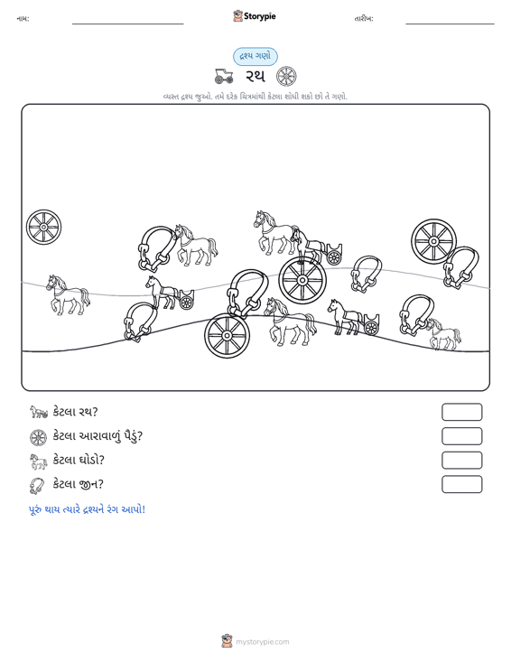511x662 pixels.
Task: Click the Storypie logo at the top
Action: tap(255, 16)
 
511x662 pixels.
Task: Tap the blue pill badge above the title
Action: tap(255, 57)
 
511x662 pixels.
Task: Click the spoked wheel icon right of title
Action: tap(286, 77)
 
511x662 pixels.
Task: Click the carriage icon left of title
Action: tap(224, 77)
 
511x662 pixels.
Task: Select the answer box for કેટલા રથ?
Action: tap(461, 412)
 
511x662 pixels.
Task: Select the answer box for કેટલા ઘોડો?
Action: tap(461, 461)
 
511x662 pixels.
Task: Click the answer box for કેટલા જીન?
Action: tap(461, 484)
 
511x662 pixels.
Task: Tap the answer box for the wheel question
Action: tap(461, 436)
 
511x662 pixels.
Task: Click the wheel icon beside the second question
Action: tap(39, 437)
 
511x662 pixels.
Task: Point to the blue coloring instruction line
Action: tap(87, 509)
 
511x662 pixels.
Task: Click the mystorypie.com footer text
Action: tap(262, 642)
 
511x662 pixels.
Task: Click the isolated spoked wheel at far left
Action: tap(43, 227)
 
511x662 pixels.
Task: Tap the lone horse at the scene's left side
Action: tap(68, 294)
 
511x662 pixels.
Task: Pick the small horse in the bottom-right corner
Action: tap(443, 334)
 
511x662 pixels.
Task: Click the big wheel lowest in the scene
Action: tap(227, 336)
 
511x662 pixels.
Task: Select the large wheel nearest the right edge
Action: tap(433, 241)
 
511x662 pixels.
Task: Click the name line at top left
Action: tap(128, 23)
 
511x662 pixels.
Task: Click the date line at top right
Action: tap(450, 23)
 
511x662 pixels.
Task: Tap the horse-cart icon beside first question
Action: tap(39, 412)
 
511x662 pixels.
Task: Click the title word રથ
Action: tap(255, 77)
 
